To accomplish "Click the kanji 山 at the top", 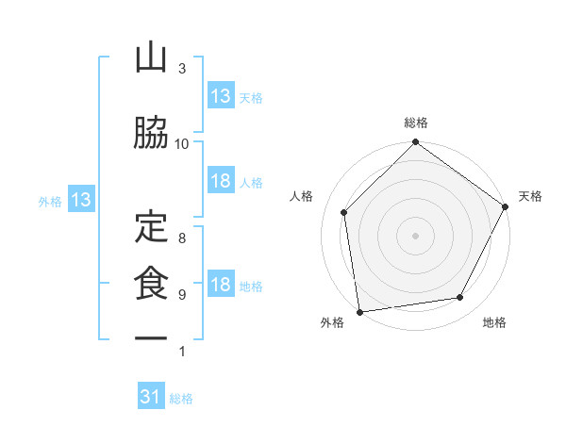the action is coord(151,57).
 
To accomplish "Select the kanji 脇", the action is coord(151,133).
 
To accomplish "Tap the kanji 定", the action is coord(151,226).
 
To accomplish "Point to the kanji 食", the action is coord(151,283).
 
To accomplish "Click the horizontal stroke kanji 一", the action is coord(151,338).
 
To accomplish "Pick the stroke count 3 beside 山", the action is coord(182,69).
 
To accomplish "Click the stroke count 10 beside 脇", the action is coord(181,144).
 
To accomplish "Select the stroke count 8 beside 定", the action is coord(182,238).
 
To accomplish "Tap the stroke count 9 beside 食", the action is coord(182,295).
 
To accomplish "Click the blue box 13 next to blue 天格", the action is coord(221,95).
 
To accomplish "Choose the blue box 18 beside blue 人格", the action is coord(221,180).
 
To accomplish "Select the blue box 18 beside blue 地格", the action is coord(221,283).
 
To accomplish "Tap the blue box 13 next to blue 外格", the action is coord(81,199).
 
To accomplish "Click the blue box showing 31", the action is coord(151,395).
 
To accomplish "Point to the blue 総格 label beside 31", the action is coord(181,399).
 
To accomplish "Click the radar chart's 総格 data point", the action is coord(415,141).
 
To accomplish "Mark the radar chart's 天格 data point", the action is coord(505,206).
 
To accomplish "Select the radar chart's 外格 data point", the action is coord(360,312).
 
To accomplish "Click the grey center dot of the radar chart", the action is coord(415,236).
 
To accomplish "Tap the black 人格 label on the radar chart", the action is coord(301,196).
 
